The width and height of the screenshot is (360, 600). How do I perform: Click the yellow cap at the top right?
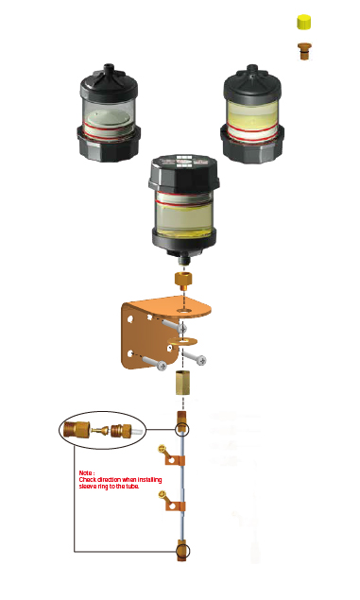point(304,22)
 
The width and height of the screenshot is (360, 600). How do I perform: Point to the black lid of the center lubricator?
point(186,171)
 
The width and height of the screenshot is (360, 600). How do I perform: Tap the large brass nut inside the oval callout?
point(79,431)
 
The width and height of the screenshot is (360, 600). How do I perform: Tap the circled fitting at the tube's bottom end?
point(181,550)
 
